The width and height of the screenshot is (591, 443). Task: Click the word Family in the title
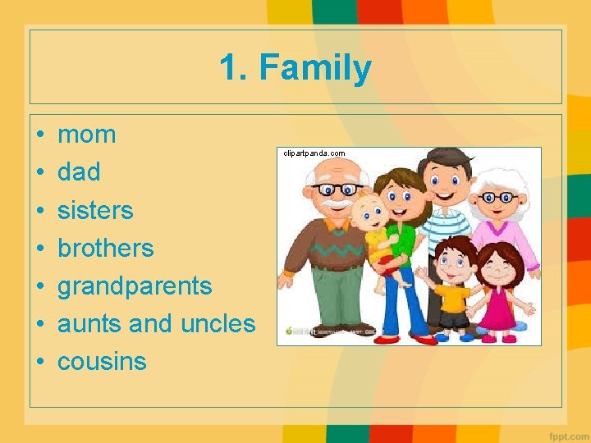tap(316, 68)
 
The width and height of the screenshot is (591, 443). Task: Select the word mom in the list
tap(87, 135)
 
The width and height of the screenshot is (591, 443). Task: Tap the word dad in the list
tap(79, 172)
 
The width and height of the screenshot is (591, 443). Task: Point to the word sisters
tap(95, 210)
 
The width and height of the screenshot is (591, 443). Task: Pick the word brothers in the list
tap(106, 248)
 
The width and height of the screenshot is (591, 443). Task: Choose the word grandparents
tap(135, 286)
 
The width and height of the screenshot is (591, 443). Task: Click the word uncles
tap(218, 324)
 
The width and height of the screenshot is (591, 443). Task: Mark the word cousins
tap(102, 362)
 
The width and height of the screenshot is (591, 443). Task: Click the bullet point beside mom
tap(39, 135)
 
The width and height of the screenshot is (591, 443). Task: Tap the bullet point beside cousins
tap(39, 363)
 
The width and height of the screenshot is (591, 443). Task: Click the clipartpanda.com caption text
tap(314, 153)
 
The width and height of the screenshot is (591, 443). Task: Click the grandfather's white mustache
tap(336, 203)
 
